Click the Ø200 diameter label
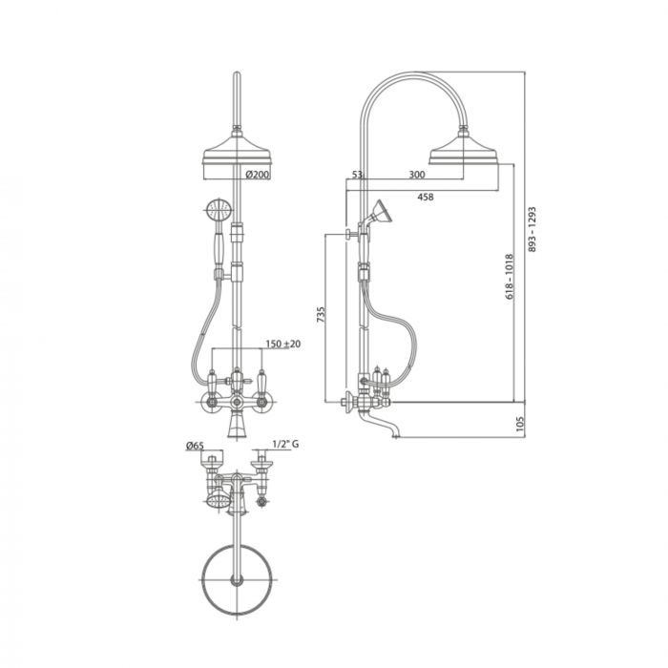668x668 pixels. point(258,176)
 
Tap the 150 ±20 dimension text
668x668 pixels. point(283,344)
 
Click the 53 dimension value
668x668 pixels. point(357,175)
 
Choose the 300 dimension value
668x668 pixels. point(416,175)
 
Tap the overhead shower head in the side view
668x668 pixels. point(469,152)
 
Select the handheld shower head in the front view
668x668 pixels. point(216,210)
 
